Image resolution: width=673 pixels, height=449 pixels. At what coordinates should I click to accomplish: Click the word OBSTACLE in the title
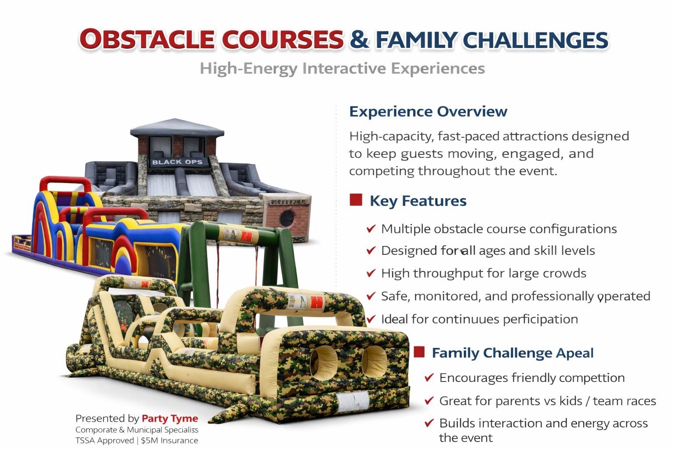pos(147,39)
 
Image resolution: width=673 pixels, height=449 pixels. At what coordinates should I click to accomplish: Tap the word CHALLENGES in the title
pos(535,40)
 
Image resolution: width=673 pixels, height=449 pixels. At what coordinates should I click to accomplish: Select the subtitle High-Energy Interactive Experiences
pos(342,69)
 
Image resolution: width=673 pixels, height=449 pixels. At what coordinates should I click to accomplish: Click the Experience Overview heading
pos(428,111)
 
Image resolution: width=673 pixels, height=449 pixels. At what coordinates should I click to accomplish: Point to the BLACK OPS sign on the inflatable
pos(177,162)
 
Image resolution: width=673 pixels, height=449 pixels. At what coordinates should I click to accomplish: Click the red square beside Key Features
pos(356,200)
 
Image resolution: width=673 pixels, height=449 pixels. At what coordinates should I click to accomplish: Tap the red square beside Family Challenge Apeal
pos(419,352)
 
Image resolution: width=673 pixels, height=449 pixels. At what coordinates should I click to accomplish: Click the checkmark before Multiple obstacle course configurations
pos(371,229)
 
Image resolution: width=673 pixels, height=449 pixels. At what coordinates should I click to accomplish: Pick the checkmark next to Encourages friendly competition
pos(429,378)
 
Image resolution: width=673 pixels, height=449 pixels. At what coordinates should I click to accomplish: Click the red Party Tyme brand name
pos(170,418)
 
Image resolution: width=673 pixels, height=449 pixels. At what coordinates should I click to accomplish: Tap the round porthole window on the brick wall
pos(287,218)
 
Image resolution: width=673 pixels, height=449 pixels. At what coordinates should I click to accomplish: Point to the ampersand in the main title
pos(359,39)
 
